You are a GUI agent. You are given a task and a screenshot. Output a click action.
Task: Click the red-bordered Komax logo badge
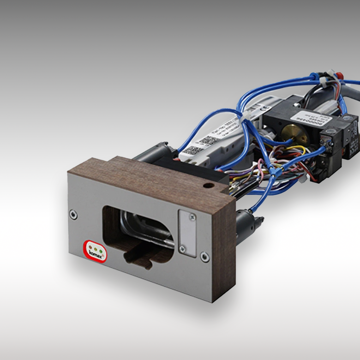(96, 251)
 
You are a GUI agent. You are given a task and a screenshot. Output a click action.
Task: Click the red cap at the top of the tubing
(338, 74)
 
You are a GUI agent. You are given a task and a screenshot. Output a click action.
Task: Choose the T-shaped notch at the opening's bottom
(138, 258)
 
